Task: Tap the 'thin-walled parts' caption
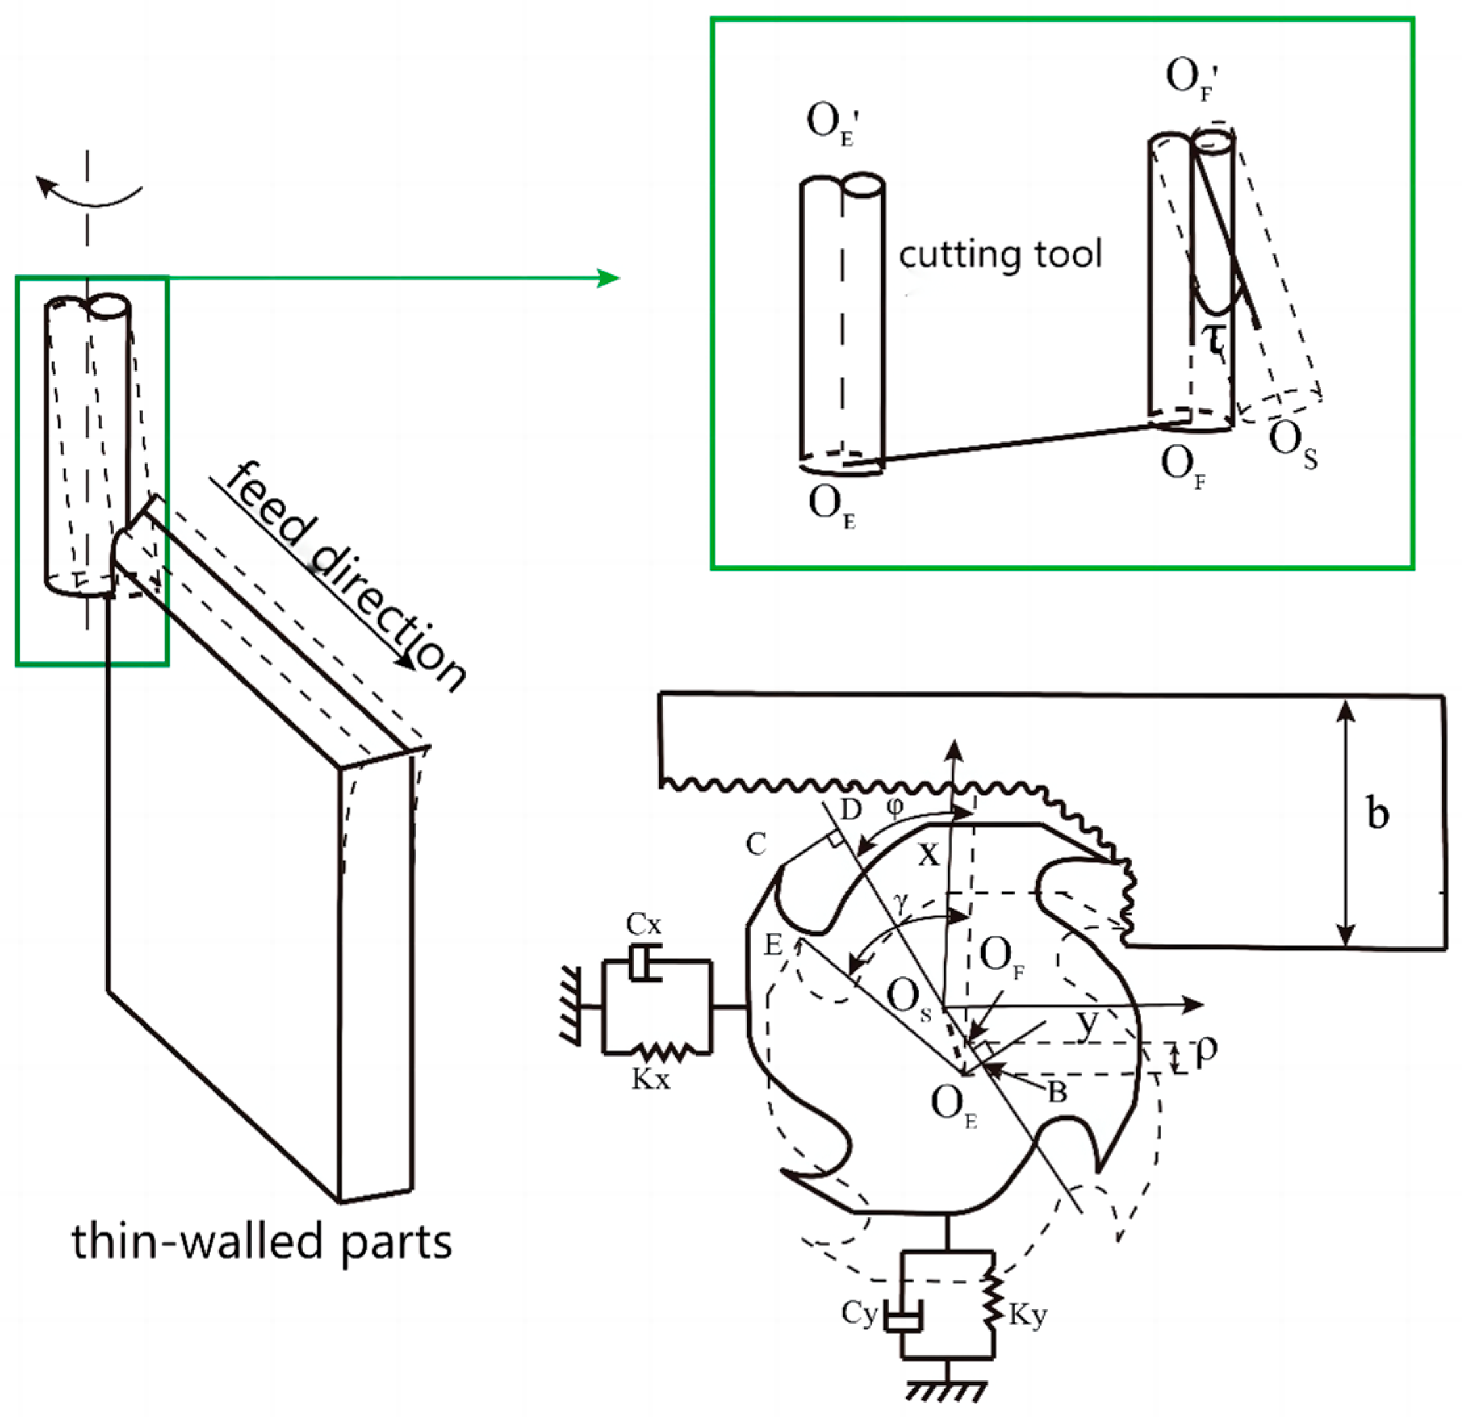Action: tap(261, 1242)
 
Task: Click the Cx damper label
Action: tap(643, 925)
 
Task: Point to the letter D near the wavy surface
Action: tap(851, 809)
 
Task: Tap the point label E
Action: tap(773, 946)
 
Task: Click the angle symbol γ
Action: tap(902, 903)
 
